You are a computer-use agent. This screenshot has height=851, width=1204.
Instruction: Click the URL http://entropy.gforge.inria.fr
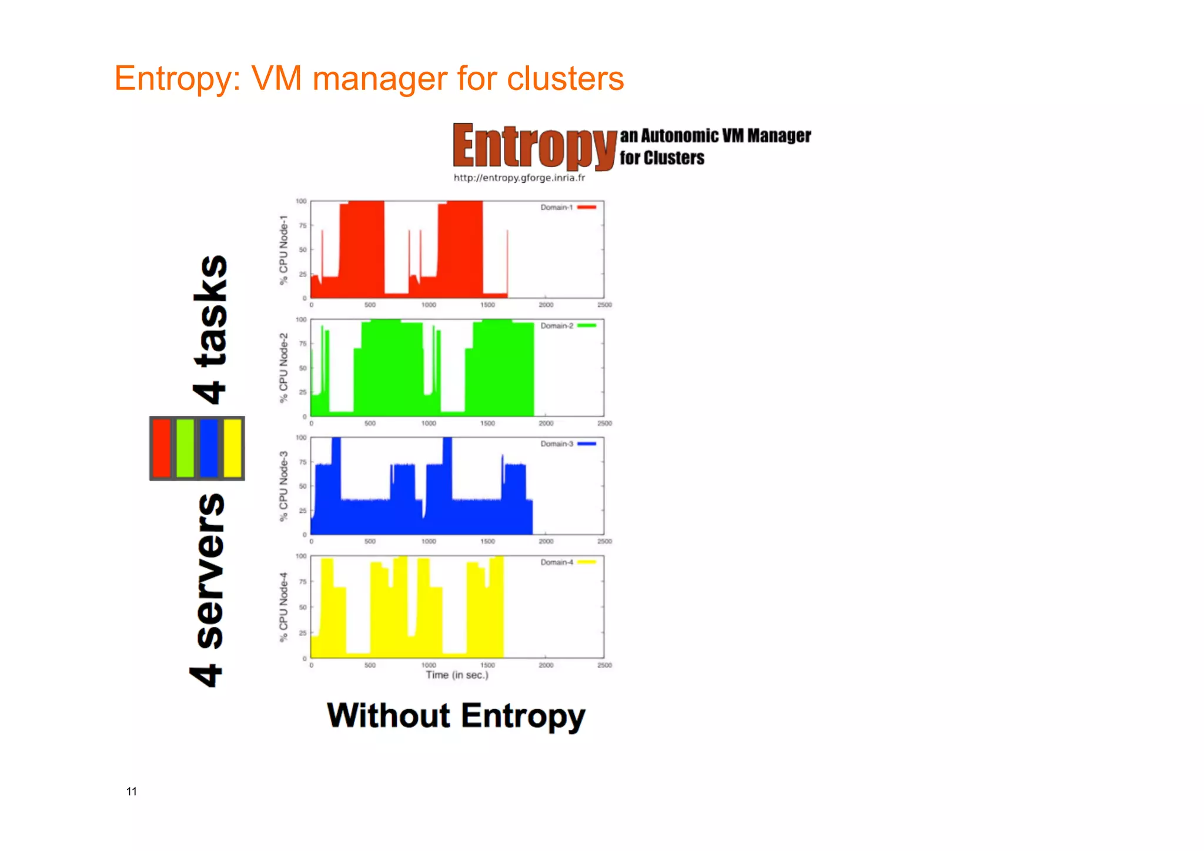tap(519, 178)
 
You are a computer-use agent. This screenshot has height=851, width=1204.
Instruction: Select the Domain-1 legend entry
tap(568, 208)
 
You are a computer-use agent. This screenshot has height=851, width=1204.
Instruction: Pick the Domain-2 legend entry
tap(568, 326)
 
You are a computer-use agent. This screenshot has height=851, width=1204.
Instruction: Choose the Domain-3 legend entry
tap(568, 444)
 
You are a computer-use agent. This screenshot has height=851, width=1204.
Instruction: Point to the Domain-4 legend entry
tap(568, 562)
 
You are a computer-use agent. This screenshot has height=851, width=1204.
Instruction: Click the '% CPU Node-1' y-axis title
tap(284, 250)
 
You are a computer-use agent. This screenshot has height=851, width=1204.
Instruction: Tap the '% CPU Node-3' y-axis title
tap(284, 486)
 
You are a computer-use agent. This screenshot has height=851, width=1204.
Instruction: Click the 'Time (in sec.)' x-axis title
tap(457, 675)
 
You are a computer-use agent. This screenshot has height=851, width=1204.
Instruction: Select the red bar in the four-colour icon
tap(162, 448)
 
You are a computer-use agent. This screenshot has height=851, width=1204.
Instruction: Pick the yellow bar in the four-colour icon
tap(233, 448)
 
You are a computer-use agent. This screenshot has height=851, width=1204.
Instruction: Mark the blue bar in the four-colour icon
tap(209, 448)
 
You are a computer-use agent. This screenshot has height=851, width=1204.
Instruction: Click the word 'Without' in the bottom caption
tap(389, 716)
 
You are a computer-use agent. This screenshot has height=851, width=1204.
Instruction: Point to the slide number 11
tap(132, 792)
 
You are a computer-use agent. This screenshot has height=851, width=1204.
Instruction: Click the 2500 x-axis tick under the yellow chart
tap(604, 665)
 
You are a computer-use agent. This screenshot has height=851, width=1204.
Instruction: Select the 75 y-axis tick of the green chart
tap(303, 344)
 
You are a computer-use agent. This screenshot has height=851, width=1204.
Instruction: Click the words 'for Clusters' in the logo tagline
tap(662, 158)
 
